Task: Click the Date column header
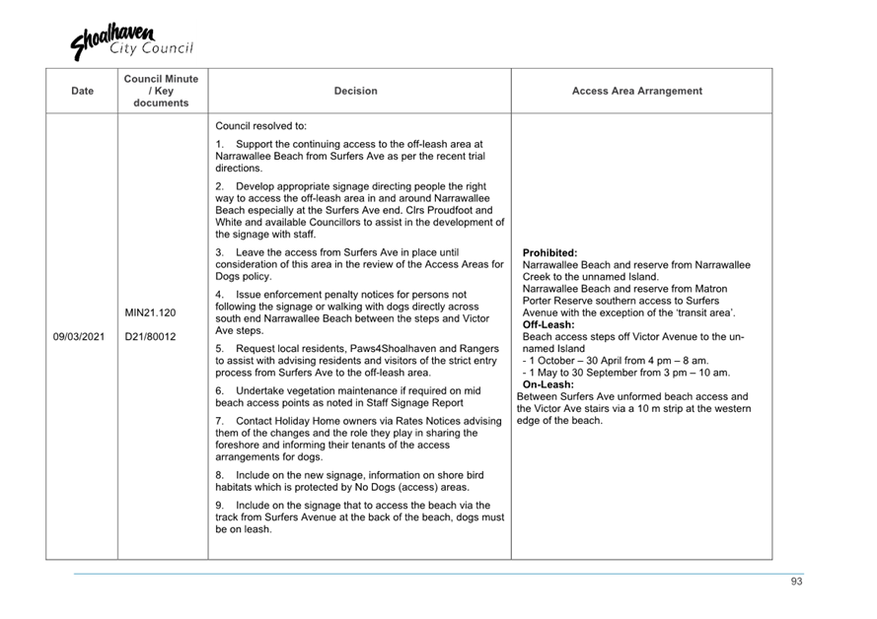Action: click(x=83, y=91)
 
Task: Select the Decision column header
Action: click(x=355, y=91)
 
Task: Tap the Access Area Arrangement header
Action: click(x=637, y=91)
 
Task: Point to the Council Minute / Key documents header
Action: click(x=161, y=91)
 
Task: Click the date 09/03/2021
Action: click(x=79, y=336)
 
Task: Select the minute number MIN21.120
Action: click(x=150, y=312)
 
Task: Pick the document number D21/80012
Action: click(x=150, y=336)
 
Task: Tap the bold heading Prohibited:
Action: click(x=549, y=253)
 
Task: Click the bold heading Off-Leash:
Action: click(x=548, y=324)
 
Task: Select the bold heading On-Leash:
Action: click(x=548, y=384)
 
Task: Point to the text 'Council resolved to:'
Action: click(x=260, y=126)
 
